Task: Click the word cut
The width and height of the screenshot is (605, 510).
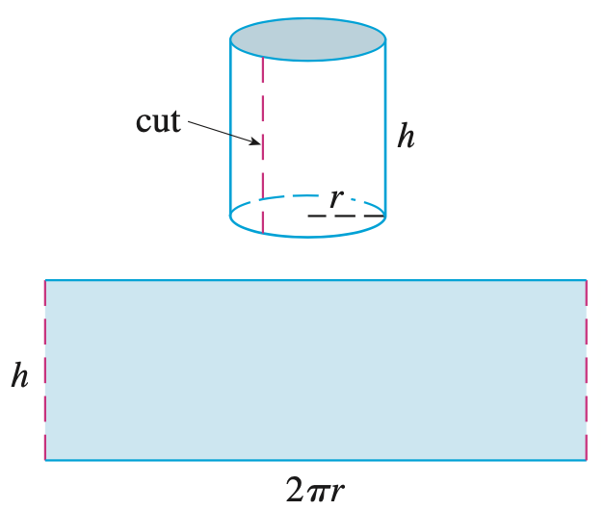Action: click(x=158, y=122)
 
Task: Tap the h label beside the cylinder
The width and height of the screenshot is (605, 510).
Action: click(x=407, y=137)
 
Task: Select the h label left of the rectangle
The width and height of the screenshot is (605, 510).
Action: click(x=19, y=375)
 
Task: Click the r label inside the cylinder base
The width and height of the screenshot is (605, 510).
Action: click(x=335, y=198)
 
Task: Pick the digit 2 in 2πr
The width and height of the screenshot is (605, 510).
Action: click(x=296, y=491)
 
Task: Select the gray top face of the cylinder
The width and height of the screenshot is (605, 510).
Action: click(x=307, y=41)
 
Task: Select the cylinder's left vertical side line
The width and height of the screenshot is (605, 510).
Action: click(x=230, y=125)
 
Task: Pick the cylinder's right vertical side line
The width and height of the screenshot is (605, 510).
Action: click(x=385, y=125)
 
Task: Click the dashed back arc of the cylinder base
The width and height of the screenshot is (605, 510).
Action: click(x=289, y=197)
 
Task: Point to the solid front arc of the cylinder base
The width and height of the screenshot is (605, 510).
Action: click(x=307, y=234)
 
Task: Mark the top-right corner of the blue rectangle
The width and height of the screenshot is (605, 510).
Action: click(x=586, y=280)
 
